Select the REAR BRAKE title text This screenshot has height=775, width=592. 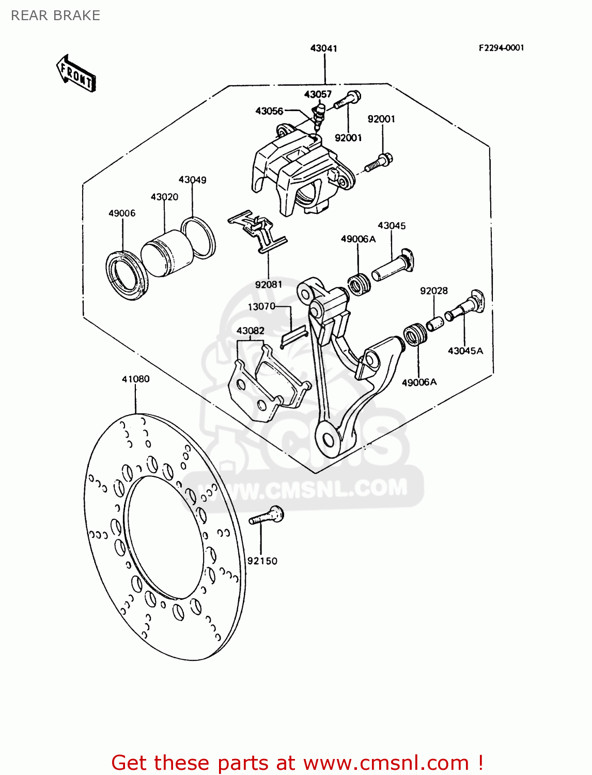[x=55, y=16]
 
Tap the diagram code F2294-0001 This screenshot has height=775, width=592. [x=501, y=48]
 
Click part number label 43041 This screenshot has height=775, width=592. [x=323, y=49]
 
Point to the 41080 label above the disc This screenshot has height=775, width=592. [x=135, y=379]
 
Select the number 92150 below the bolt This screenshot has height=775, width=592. [x=262, y=561]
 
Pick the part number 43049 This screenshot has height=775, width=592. [x=192, y=180]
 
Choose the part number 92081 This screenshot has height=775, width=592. [x=269, y=285]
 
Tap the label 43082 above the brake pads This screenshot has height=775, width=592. [x=250, y=331]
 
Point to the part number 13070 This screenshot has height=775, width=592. [x=261, y=306]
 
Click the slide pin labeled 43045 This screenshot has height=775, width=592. [x=393, y=266]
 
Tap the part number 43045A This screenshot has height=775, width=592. [x=465, y=351]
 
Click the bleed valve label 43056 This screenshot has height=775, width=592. [x=269, y=111]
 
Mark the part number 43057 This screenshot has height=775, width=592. [x=318, y=94]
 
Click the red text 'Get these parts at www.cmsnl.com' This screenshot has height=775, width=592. [x=297, y=763]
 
